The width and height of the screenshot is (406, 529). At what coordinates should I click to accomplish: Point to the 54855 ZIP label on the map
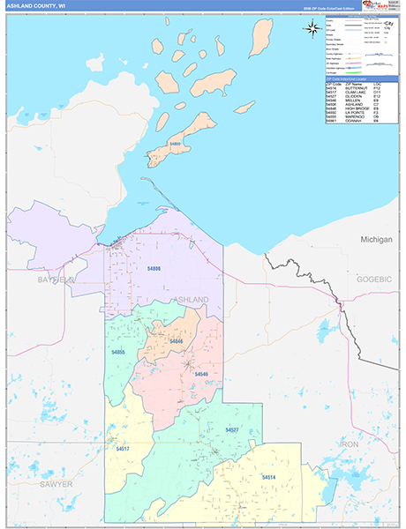119,352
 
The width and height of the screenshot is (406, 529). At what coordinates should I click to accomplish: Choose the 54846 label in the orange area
176,340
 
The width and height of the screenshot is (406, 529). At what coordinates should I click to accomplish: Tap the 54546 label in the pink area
200,374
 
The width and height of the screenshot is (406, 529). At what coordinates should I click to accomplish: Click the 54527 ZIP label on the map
232,429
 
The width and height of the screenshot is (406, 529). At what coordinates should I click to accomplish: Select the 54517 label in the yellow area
123,449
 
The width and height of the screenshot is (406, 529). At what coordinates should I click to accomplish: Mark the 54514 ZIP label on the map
268,477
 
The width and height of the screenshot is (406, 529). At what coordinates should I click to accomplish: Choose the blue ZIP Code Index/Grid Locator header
361,79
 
